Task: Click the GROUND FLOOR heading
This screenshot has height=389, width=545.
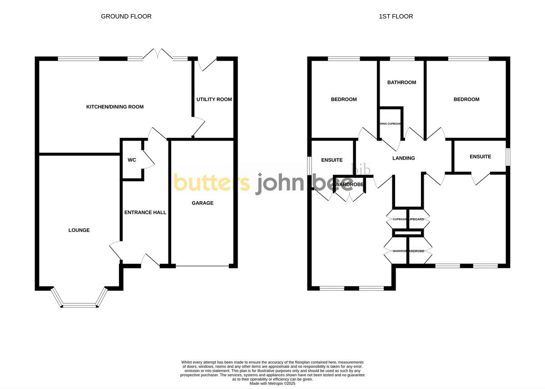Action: (x=126, y=16)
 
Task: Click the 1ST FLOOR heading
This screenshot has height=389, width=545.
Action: (x=396, y=16)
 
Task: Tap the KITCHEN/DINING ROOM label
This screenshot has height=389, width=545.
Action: (x=115, y=107)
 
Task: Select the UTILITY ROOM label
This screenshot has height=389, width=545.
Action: (x=214, y=99)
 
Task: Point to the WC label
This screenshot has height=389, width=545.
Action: (x=132, y=160)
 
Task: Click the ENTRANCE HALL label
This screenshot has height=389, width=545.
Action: (x=145, y=212)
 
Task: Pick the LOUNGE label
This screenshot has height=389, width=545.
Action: (x=79, y=230)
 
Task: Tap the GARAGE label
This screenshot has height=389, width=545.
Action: (x=203, y=203)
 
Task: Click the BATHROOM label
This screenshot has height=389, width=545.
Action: (x=401, y=83)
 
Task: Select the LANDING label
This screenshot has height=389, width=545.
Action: (x=404, y=158)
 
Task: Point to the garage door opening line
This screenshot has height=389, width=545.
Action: (x=203, y=266)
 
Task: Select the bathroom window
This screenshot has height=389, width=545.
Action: (x=402, y=58)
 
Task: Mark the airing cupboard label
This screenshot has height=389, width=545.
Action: (x=390, y=123)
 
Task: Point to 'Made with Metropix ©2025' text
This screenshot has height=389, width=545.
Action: (x=272, y=383)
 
